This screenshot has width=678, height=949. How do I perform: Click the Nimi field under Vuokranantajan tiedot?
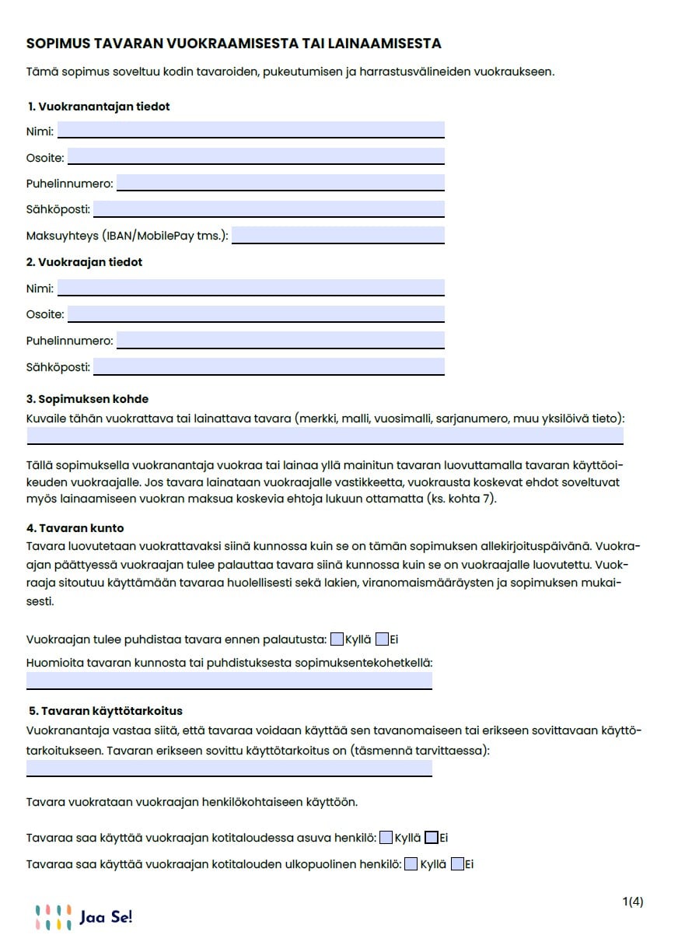(250, 129)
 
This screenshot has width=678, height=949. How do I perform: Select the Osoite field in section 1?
(256, 156)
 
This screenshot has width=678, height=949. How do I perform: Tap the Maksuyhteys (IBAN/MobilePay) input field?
(337, 235)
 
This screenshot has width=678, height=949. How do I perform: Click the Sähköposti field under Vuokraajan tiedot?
(268, 366)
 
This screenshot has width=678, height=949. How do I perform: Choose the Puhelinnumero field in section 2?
(280, 340)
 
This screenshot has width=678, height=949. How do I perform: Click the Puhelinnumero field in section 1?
(280, 183)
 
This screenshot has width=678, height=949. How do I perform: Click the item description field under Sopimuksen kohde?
(325, 436)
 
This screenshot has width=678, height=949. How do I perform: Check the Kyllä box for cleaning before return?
(337, 639)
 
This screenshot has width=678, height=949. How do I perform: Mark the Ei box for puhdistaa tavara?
(381, 639)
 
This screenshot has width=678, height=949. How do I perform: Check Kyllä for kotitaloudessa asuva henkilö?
(386, 838)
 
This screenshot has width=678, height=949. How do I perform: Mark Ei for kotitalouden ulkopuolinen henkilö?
(457, 863)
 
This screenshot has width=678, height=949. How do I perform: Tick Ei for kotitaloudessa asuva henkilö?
(432, 838)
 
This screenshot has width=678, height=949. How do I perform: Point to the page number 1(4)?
(633, 902)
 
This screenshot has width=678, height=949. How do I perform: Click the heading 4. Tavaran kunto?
(75, 528)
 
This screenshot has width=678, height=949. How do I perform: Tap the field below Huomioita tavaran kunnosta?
(229, 681)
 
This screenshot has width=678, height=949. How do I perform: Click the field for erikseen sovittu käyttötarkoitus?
(229, 769)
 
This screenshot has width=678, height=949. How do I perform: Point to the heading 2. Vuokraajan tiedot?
(84, 262)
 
